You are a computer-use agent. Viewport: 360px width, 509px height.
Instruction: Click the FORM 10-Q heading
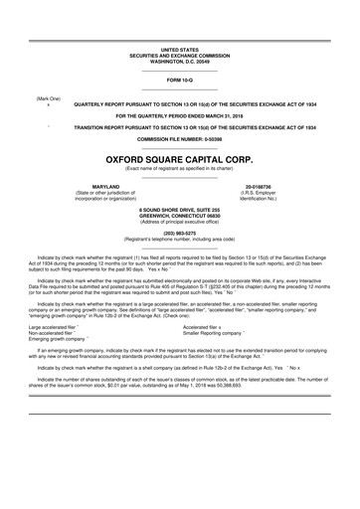180,78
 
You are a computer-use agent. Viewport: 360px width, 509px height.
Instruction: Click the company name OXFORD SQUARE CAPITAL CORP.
180,157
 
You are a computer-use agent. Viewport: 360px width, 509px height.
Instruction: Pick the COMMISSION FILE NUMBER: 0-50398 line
180,139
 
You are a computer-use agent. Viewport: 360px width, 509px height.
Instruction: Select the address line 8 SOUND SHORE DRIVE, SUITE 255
180,210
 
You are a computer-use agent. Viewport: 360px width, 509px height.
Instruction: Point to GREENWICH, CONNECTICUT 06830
180,216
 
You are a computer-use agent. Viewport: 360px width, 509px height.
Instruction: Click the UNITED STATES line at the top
180,48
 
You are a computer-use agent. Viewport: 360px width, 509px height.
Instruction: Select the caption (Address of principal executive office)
180,222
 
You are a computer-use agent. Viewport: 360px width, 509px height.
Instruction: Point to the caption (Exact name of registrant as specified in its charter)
180,169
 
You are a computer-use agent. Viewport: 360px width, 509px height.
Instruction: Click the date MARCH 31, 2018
228,115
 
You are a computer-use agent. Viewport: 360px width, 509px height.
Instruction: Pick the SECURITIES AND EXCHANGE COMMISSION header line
180,54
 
